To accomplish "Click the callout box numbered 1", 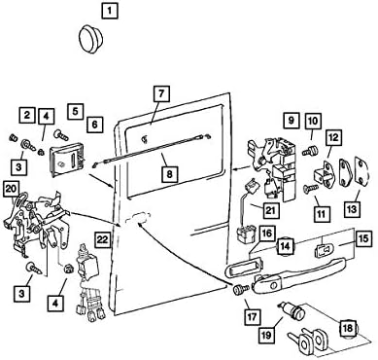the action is tap(109, 11).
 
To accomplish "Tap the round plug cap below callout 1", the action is tap(91, 38).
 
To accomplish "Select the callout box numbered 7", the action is tap(161, 94).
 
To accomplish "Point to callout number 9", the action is tap(292, 121).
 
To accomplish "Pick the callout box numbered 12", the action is tap(333, 137).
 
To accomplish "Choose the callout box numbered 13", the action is tap(352, 208).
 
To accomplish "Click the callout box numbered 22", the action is tap(103, 239).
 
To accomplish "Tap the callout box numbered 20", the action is tap(12, 189).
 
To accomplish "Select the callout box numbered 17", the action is tap(253, 316).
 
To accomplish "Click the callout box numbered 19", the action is tap(266, 335).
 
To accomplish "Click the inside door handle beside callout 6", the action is tap(67, 162).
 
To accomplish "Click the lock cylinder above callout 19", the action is tap(292, 310).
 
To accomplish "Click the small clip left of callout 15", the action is tap(322, 250).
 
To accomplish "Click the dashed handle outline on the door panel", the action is tap(137, 217).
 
